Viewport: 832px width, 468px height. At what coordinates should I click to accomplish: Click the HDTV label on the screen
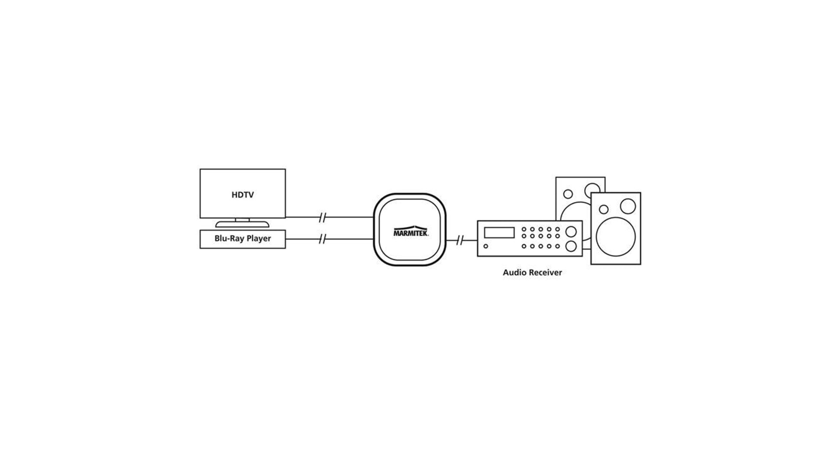[242, 195]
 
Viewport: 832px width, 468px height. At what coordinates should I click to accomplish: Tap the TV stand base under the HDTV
[242, 224]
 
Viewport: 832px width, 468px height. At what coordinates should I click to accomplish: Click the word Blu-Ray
[229, 238]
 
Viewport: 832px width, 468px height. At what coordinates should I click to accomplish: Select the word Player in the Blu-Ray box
[259, 239]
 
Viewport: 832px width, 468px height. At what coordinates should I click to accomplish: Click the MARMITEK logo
[410, 232]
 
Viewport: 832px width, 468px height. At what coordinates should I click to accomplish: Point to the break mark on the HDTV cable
[322, 218]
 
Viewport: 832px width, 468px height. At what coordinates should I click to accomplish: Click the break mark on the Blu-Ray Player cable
[322, 239]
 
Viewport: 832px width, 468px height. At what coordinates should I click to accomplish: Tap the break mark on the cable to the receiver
[460, 240]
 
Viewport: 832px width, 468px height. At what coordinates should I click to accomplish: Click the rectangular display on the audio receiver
[499, 233]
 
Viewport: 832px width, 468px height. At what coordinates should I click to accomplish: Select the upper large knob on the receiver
[571, 231]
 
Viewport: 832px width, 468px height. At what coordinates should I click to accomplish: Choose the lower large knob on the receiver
[571, 246]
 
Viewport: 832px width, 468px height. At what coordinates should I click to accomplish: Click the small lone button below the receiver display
[486, 246]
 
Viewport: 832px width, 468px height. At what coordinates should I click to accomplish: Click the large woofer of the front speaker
[616, 237]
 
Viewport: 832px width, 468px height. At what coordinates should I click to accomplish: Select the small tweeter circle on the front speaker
[604, 210]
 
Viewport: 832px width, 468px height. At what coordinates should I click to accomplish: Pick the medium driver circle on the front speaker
[627, 206]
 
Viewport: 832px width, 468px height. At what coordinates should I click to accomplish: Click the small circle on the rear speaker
[568, 194]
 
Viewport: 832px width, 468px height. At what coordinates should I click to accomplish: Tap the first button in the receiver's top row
[524, 229]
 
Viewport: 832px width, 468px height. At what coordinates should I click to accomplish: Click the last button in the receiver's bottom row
[558, 246]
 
